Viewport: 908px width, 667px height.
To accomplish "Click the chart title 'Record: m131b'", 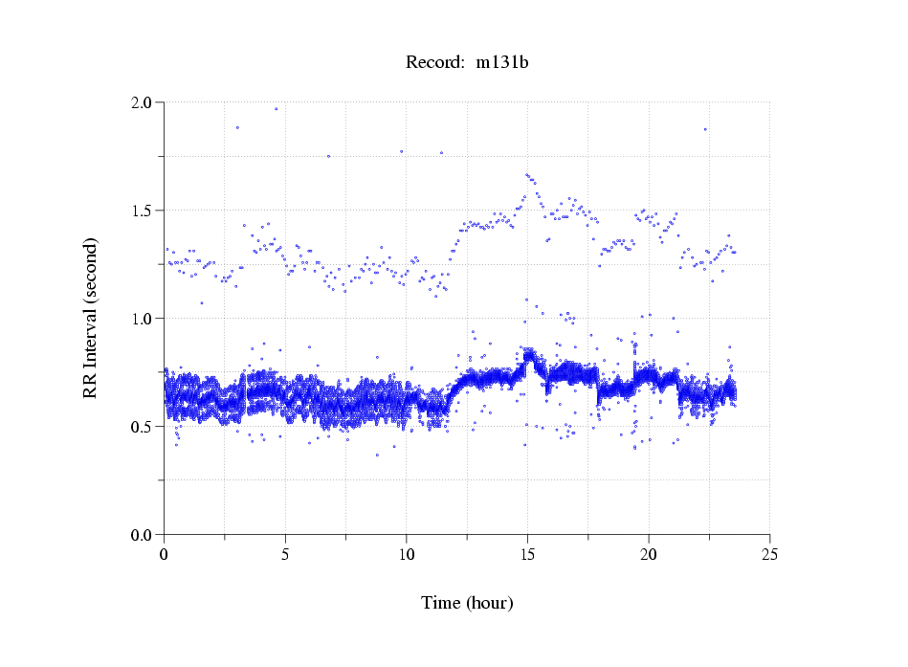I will coord(467,63).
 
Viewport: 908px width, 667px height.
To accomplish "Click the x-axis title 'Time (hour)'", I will coord(467,603).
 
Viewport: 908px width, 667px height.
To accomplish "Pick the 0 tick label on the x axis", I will coord(165,553).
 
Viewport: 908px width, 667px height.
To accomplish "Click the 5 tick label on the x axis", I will coord(285,553).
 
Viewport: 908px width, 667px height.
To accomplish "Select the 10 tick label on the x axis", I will coord(407,553).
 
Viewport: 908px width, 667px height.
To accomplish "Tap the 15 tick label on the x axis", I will coord(527,553).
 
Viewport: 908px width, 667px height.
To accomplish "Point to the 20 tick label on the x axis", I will coord(649,553).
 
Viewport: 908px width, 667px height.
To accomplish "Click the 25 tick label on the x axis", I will coord(769,553).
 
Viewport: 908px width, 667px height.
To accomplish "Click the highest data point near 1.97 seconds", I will coord(277,109).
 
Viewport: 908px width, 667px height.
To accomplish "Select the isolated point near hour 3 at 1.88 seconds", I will coord(237,127).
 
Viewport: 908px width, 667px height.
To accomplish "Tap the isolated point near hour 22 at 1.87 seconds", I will coord(705,129).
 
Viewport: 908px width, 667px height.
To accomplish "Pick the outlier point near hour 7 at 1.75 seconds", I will coord(328,156).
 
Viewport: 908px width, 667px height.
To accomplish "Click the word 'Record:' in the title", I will coord(434,63).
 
